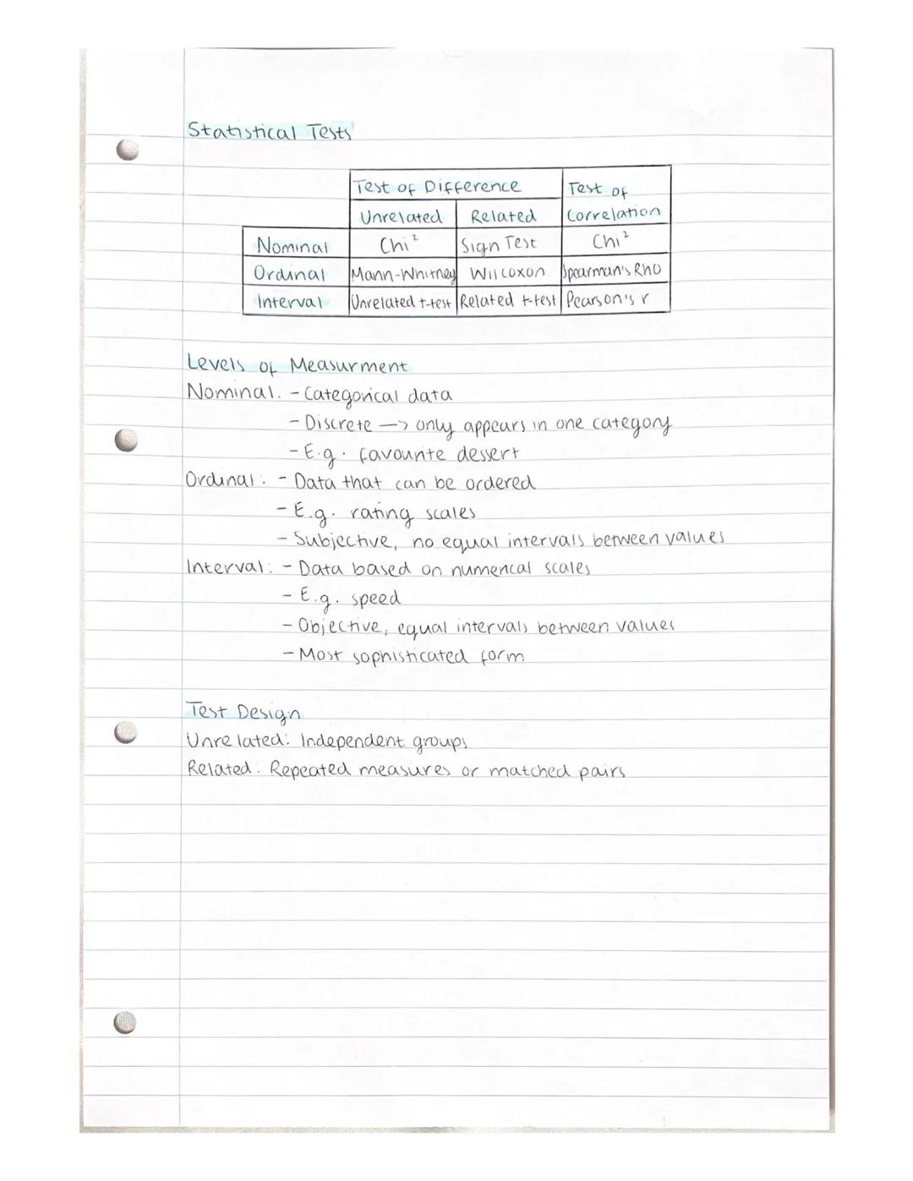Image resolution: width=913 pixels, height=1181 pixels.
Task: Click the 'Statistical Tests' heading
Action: point(269,131)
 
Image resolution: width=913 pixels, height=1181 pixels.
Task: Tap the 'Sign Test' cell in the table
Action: point(499,244)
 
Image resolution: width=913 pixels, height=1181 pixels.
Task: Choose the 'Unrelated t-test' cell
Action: point(402,302)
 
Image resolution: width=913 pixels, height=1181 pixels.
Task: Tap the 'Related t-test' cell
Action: point(508,301)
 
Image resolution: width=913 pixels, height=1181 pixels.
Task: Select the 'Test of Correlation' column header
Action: point(614,202)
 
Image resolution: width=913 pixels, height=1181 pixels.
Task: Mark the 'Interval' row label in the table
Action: point(289,302)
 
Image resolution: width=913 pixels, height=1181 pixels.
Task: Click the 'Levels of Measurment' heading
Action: point(296,365)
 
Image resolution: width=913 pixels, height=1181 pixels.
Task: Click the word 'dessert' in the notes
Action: point(488,454)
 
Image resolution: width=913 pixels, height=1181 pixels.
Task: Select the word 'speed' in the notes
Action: point(375,598)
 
